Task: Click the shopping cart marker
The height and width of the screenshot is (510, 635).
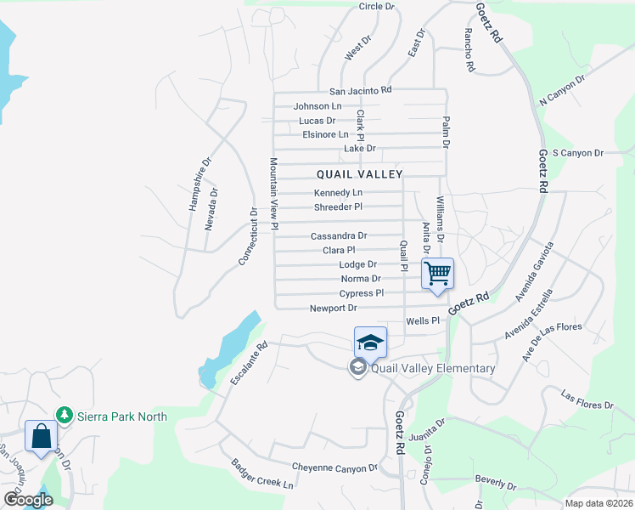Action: click(x=437, y=275)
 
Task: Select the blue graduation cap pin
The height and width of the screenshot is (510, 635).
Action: click(x=370, y=343)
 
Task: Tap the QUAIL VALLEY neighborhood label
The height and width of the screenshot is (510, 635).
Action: click(x=359, y=173)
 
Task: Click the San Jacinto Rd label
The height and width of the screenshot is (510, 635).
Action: click(x=361, y=90)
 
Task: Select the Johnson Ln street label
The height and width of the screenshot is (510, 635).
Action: click(x=317, y=106)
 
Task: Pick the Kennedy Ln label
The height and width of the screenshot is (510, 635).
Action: click(x=338, y=193)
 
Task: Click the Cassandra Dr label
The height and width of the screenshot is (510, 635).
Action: click(x=339, y=235)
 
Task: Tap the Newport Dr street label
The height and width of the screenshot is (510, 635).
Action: click(x=333, y=308)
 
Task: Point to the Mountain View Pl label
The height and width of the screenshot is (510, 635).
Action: click(x=274, y=194)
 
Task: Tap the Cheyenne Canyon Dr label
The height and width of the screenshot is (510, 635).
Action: click(x=334, y=467)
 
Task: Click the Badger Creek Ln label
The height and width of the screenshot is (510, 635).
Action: click(x=262, y=474)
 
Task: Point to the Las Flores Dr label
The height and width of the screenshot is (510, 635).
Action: click(x=587, y=399)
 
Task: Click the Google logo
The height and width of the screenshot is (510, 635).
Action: click(x=27, y=500)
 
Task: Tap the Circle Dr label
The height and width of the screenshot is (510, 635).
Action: click(x=377, y=7)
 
